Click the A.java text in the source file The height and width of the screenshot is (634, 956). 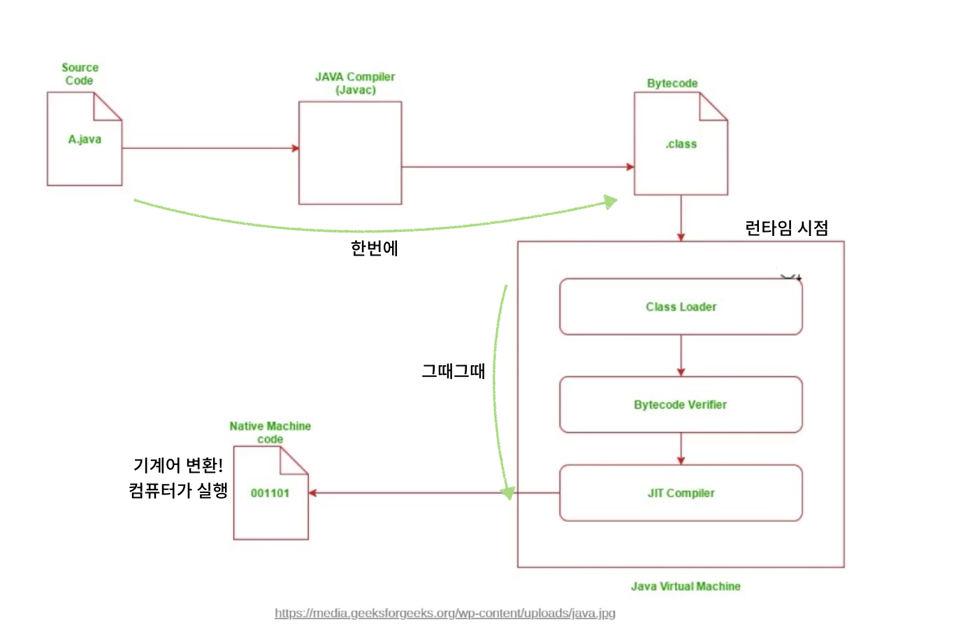[85, 140]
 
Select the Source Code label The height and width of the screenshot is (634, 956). [80, 74]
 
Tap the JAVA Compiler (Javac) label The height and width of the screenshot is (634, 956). [355, 83]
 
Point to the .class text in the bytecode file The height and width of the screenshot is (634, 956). [681, 145]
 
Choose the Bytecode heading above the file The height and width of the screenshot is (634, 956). [672, 84]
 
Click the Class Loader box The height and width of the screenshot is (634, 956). [681, 307]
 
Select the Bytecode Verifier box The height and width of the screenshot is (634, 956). [681, 405]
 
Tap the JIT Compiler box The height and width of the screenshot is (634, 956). [681, 493]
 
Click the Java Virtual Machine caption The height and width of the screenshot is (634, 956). [686, 587]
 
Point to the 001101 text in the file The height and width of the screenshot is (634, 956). [270, 493]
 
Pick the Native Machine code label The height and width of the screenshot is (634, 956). [270, 432]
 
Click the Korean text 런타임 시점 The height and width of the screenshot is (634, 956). [786, 228]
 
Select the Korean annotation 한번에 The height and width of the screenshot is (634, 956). [375, 249]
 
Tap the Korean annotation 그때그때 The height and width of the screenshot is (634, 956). [453, 371]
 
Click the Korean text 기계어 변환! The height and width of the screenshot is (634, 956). [178, 466]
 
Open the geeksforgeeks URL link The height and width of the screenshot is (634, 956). [445, 613]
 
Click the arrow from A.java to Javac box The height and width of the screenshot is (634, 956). [210, 148]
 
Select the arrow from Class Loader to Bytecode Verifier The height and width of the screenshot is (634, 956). [681, 355]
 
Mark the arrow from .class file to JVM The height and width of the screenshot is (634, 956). [681, 218]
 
